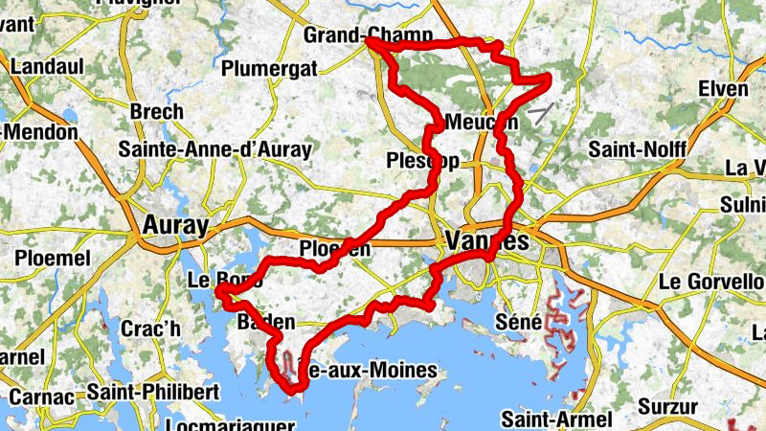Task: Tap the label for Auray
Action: pos(174,226)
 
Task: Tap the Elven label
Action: pos(723,89)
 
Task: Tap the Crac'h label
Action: pos(150,329)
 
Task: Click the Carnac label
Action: pos(37,397)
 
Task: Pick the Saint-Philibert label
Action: pos(153,393)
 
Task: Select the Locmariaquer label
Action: pos(226,424)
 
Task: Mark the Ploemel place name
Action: pos(53,259)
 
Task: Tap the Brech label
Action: pos(156,111)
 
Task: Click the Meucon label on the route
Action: pos(482,123)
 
